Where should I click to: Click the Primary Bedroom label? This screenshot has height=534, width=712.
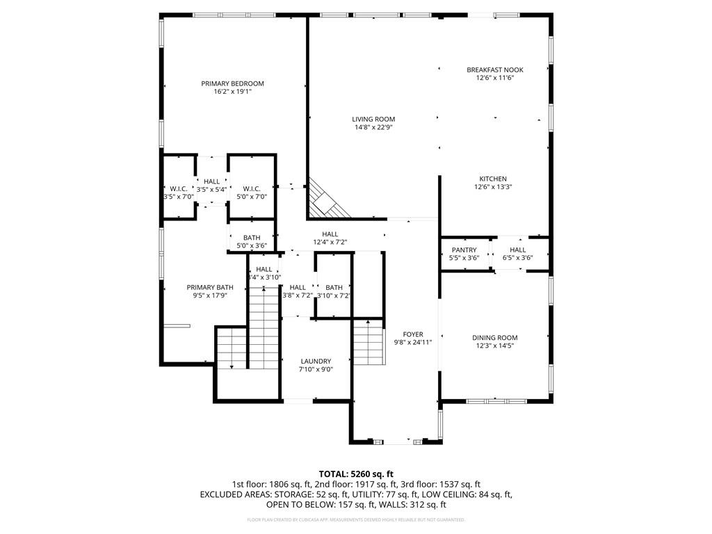[232, 83]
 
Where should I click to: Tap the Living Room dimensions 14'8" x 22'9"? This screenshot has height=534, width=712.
[373, 127]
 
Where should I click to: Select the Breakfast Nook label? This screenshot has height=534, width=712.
[494, 70]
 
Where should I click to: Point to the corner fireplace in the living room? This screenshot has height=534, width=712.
[327, 200]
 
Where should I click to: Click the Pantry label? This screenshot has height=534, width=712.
[464, 250]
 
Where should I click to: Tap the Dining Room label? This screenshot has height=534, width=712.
[496, 338]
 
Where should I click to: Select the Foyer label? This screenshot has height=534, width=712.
[413, 334]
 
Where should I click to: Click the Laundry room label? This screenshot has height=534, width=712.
[316, 361]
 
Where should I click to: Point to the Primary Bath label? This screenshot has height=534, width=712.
[210, 287]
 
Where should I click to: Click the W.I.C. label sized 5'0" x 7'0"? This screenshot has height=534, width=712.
[251, 188]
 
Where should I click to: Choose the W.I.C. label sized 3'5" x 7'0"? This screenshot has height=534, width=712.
[178, 188]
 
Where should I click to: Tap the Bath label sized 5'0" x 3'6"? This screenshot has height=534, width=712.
[251, 238]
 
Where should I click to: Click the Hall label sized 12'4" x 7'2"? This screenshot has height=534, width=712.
[330, 234]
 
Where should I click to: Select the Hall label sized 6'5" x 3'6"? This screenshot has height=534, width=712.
[517, 250]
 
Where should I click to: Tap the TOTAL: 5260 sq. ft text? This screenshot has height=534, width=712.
[356, 474]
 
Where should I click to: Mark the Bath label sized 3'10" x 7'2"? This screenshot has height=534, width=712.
[334, 287]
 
